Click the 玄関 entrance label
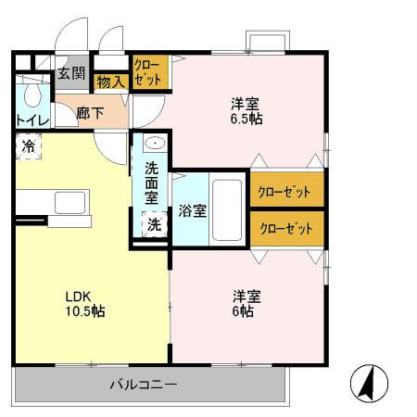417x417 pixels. pyautogui.click(x=71, y=73)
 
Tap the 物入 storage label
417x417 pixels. pyautogui.click(x=110, y=82)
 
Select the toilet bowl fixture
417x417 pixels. pyautogui.click(x=32, y=95)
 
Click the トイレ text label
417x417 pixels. pyautogui.click(x=32, y=120)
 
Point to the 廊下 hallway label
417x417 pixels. pyautogui.click(x=90, y=113)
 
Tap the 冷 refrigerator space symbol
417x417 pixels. pyautogui.click(x=29, y=146)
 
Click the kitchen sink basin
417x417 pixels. pyautogui.click(x=69, y=203)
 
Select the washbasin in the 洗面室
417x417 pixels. pyautogui.click(x=155, y=144)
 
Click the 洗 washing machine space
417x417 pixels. pyautogui.click(x=154, y=224)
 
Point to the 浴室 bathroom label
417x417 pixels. pyautogui.click(x=192, y=211)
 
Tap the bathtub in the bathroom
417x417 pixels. pyautogui.click(x=227, y=210)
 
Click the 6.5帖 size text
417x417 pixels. pyautogui.click(x=246, y=119)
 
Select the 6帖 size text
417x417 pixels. pyautogui.click(x=243, y=311)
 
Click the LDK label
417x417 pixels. pyautogui.click(x=78, y=297)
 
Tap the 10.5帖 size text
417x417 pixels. pyautogui.click(x=85, y=311)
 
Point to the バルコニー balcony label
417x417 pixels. pyautogui.click(x=144, y=385)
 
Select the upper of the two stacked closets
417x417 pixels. pyautogui.click(x=287, y=189)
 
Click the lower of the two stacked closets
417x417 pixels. pyautogui.click(x=287, y=229)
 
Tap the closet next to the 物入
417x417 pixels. pyautogui.click(x=150, y=72)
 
